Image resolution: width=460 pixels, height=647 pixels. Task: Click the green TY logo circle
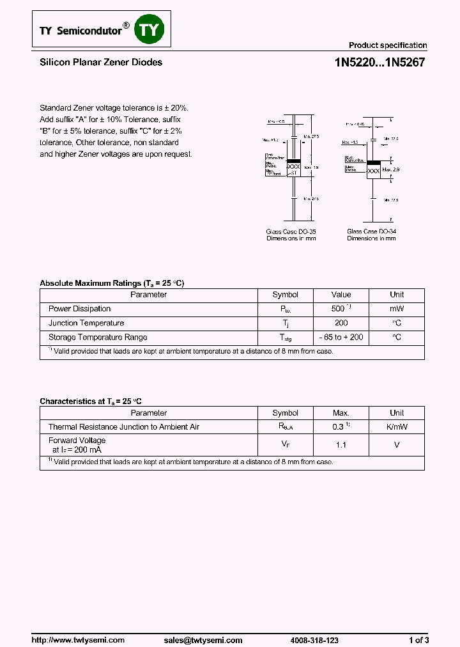[x=149, y=29]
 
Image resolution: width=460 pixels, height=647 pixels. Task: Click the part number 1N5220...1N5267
[x=379, y=63]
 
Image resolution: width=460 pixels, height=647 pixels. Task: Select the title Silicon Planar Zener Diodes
[x=101, y=62]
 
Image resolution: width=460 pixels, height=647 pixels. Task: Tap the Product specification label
[x=387, y=45]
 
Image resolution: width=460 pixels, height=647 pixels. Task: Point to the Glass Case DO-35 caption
[x=291, y=231]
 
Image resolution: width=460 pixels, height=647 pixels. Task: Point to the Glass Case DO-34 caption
[x=371, y=231]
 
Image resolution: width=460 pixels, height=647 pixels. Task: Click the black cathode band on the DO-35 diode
[x=293, y=161]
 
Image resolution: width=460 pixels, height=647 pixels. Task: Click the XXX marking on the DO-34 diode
[x=374, y=171]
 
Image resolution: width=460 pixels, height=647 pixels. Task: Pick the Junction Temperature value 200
[x=341, y=323]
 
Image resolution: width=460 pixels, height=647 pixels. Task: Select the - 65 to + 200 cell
[x=341, y=337]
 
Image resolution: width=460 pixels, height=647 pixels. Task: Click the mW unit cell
[x=397, y=309]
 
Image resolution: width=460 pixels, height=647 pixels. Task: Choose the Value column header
[x=341, y=295]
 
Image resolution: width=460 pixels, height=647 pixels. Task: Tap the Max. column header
[x=341, y=413]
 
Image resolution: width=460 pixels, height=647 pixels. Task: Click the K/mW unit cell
[x=397, y=426]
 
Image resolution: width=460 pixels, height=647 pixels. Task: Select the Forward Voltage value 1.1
[x=341, y=444]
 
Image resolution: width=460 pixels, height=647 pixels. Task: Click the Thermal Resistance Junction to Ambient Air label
[x=124, y=426]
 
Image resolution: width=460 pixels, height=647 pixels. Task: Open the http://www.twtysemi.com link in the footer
[x=78, y=640]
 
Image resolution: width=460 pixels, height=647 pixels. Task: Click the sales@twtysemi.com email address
[x=203, y=640]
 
